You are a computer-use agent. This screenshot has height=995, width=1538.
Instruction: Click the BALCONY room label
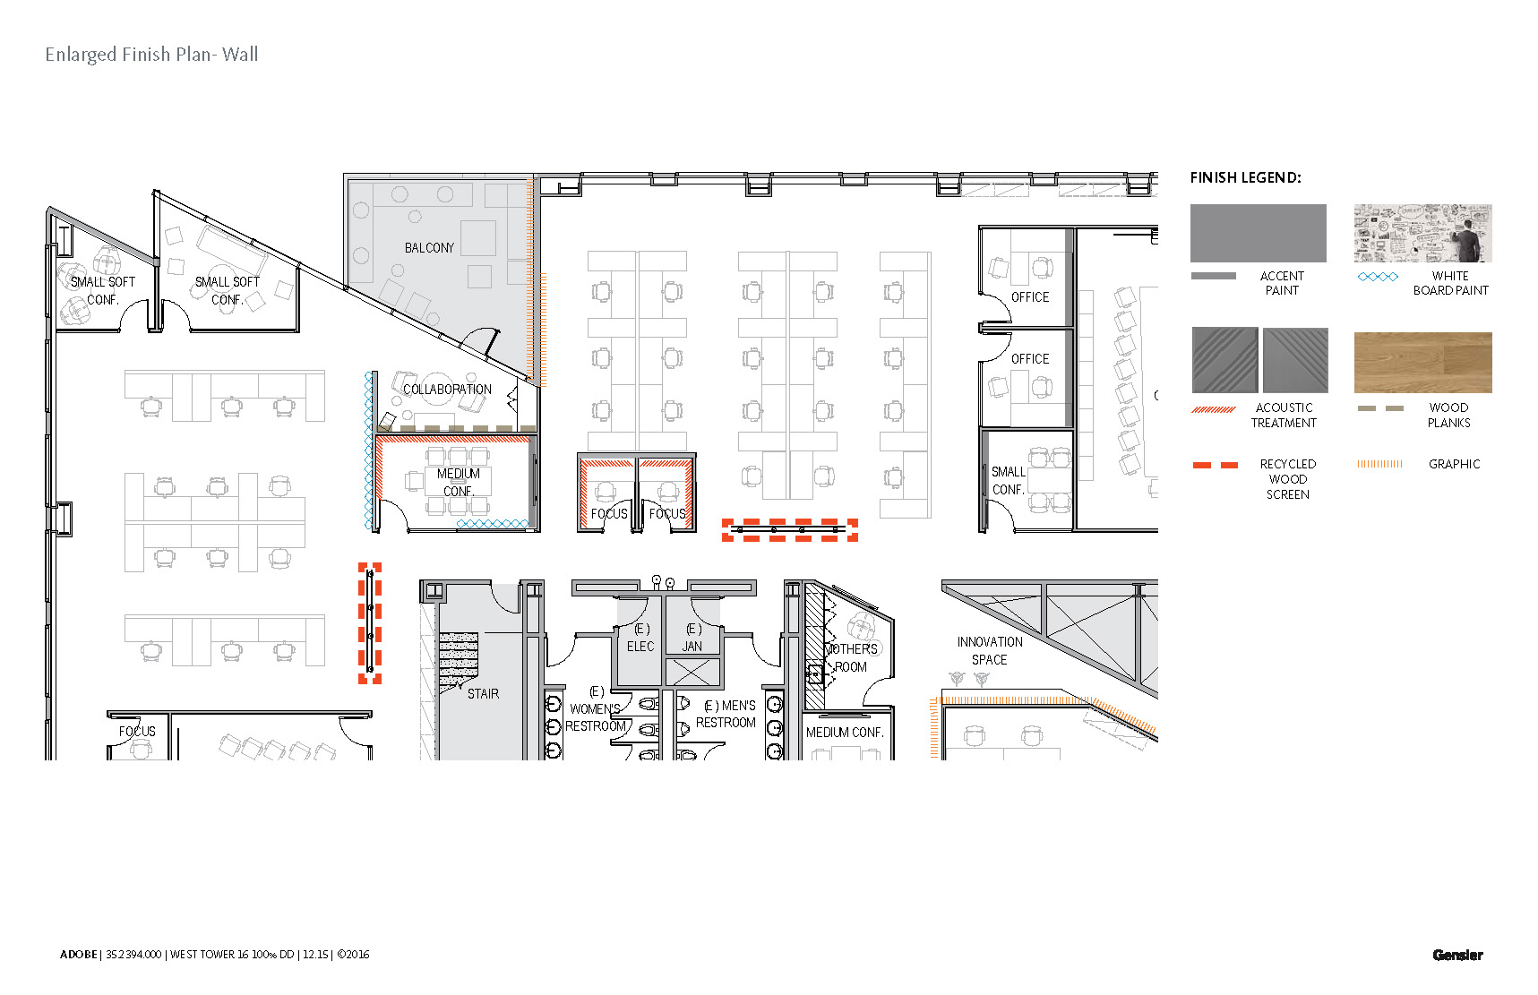coord(429,248)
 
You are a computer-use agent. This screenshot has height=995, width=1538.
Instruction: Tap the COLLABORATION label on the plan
coord(447,390)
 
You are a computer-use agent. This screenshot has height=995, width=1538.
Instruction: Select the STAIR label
coord(483,694)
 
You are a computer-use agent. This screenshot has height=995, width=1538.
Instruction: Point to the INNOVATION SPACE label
coord(989,651)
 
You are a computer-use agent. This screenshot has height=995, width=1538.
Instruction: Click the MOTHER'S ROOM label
coord(851,657)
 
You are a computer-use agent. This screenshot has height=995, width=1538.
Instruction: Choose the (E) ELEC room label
coord(640,638)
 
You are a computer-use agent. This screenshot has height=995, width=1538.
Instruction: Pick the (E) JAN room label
coord(692,638)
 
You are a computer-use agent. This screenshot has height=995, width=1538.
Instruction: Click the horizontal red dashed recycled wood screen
coord(790,530)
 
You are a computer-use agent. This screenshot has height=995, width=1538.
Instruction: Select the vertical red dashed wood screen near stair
coord(370,623)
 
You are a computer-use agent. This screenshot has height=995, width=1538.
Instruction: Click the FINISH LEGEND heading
coord(1245,177)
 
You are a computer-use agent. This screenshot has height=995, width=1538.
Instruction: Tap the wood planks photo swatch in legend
coord(1422,363)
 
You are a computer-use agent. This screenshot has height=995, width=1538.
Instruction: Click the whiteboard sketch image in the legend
coord(1422,233)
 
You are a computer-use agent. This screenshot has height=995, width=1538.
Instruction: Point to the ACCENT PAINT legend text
coord(1282,283)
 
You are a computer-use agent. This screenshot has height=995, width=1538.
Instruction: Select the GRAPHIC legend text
coord(1454,464)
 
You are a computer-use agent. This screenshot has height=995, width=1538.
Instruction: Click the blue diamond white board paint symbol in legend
coord(1378,277)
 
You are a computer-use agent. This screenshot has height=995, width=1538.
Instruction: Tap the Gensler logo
coord(1457,955)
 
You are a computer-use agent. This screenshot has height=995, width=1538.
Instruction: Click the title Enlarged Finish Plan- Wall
coord(151,55)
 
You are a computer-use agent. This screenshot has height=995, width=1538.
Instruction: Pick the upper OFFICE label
coord(1029,297)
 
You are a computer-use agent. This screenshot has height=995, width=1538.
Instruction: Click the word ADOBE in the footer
coord(78,955)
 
